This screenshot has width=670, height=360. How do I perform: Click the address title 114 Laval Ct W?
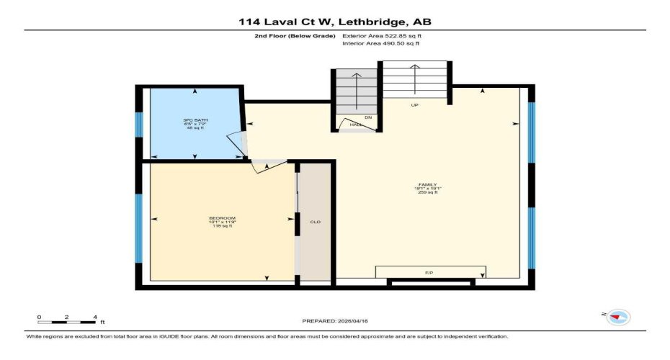tap(335, 22)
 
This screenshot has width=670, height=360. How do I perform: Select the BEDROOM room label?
tap(223, 218)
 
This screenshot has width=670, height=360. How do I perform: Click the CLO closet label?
tap(315, 222)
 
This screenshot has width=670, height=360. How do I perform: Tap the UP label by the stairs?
tap(414, 105)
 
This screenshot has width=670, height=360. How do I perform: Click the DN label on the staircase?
tap(367, 117)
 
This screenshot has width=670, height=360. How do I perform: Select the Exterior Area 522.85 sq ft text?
tap(381, 34)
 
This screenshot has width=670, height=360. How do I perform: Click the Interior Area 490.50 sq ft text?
tap(380, 43)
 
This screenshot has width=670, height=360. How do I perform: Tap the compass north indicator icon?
tap(617, 317)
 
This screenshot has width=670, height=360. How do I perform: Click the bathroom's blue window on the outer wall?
tap(138, 122)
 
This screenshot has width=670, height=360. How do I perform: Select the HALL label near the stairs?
tap(355, 125)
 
